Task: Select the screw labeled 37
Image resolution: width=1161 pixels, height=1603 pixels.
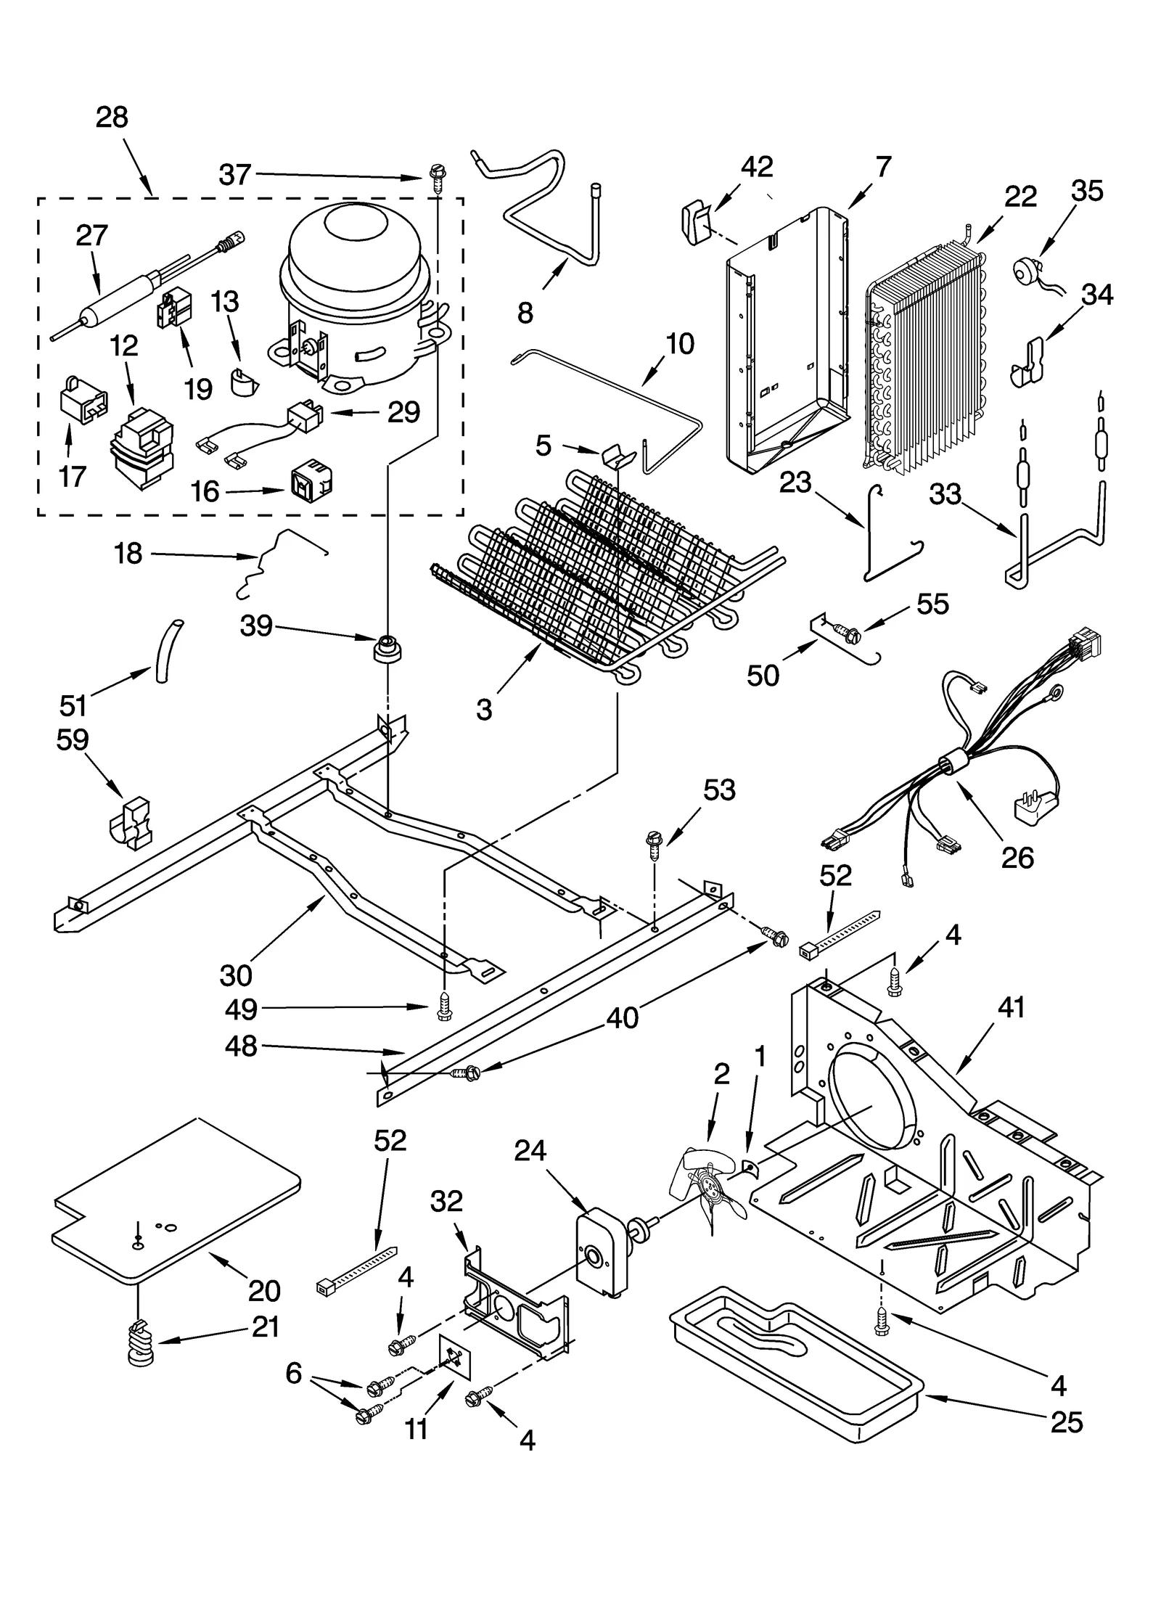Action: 438,176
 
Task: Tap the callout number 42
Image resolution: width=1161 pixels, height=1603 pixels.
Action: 756,167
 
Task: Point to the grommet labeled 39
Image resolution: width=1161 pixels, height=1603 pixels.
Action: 387,647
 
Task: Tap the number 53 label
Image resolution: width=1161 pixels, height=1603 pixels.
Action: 718,790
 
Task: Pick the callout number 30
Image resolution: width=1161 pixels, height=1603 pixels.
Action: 236,976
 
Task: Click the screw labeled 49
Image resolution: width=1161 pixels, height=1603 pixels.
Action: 444,1007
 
